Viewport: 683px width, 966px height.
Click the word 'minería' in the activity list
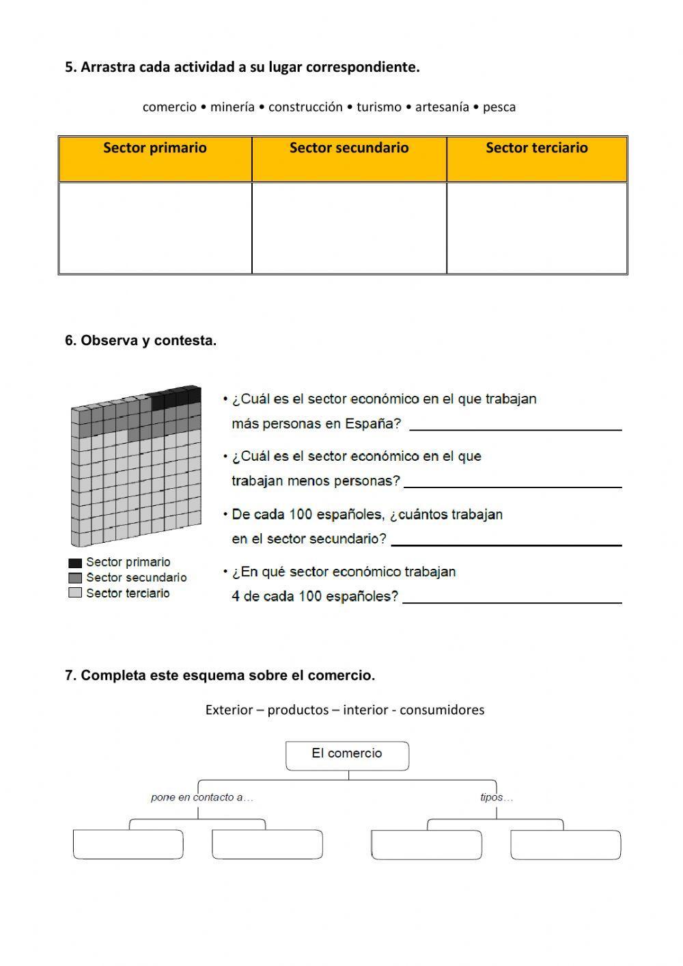click(x=232, y=107)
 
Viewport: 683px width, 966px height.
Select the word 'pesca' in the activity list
click(x=499, y=107)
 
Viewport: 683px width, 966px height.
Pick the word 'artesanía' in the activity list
click(x=442, y=107)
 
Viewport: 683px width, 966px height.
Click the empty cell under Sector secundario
click(x=349, y=228)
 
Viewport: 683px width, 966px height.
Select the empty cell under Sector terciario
click(x=537, y=228)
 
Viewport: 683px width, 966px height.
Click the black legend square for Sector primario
click(x=75, y=563)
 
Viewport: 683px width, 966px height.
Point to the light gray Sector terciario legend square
click(x=75, y=593)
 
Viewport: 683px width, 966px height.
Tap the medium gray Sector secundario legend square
click(x=75, y=578)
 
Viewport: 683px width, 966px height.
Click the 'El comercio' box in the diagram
click(x=347, y=755)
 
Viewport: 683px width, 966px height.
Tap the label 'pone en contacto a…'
click(x=202, y=797)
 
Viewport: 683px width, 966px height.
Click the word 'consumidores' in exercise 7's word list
click(x=442, y=710)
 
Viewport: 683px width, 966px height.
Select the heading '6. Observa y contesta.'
click(x=141, y=340)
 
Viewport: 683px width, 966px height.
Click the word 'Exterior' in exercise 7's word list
click(x=229, y=710)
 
